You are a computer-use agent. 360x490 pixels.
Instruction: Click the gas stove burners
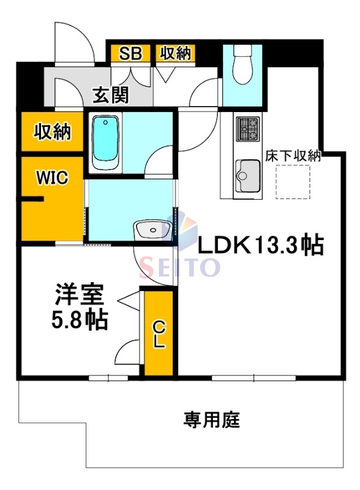249,129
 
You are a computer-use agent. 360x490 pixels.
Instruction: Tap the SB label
130,53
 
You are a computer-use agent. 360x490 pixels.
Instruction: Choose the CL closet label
159,334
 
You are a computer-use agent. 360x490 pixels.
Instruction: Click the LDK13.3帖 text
260,246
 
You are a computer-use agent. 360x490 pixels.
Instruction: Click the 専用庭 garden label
212,420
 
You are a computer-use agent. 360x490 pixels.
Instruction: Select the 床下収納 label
293,156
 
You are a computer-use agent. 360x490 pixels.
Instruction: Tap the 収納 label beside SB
175,53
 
